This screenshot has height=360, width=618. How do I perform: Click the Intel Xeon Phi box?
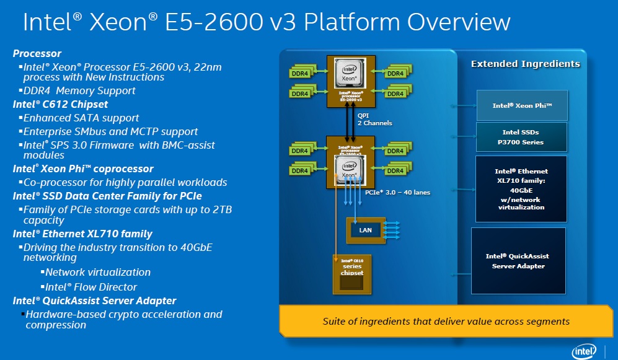[521, 105]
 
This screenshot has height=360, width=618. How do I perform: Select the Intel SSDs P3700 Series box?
[521, 137]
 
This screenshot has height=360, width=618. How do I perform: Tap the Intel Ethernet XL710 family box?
[521, 189]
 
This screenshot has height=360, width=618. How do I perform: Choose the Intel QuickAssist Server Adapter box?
[519, 261]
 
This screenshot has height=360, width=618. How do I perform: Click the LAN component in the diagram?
[366, 230]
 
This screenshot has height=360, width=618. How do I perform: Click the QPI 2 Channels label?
[374, 119]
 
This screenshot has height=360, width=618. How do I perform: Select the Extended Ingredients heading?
[525, 64]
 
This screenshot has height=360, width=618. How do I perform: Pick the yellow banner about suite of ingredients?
[446, 321]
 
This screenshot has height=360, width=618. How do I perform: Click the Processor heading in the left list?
[37, 53]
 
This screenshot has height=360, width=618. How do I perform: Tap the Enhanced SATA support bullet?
[81, 118]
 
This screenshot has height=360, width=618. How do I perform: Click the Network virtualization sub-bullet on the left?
[97, 272]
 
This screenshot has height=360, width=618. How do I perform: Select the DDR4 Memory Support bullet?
[79, 90]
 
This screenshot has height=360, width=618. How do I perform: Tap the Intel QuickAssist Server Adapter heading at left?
[94, 301]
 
